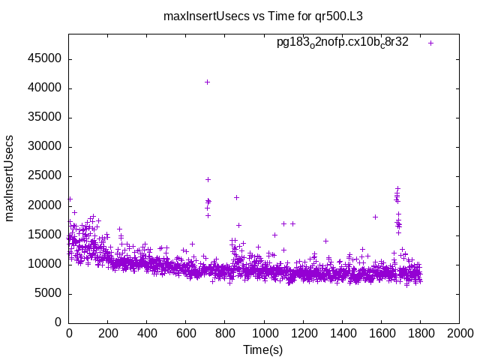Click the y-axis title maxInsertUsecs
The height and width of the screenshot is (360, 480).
10,178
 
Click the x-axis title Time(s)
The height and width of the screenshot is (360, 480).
263,349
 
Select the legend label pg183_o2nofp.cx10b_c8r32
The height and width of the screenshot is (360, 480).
343,43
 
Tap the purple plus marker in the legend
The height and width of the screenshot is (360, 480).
431,43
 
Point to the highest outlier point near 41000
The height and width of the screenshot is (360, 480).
207,82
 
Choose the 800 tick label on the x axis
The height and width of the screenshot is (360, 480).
225,333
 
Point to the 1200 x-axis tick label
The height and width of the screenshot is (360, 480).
303,333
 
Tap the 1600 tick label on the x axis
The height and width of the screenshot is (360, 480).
381,333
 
